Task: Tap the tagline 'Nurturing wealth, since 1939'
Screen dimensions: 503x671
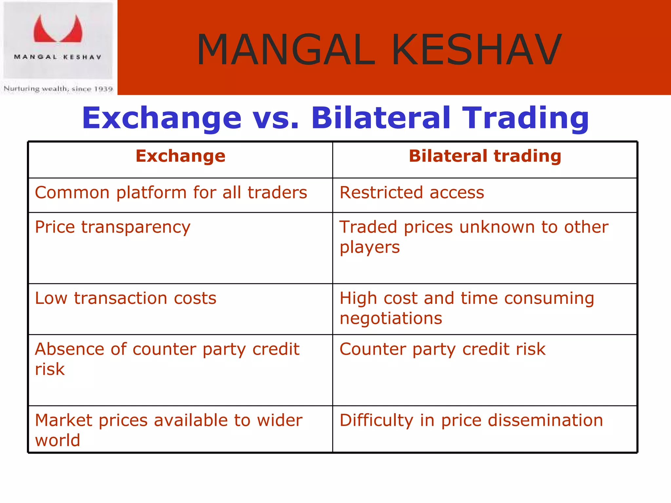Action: click(58, 89)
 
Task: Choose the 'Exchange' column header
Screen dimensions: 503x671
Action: click(181, 156)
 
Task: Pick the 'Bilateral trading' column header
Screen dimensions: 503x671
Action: click(485, 156)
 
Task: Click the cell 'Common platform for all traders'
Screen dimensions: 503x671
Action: click(171, 193)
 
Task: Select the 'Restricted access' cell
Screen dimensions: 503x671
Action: click(412, 193)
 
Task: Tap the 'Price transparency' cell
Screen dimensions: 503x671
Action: click(113, 227)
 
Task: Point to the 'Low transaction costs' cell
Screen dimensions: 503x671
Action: click(126, 298)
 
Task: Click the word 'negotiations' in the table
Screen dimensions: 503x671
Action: click(391, 318)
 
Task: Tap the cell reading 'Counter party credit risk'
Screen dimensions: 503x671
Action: click(442, 349)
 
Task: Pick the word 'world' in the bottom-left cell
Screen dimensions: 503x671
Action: click(58, 440)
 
